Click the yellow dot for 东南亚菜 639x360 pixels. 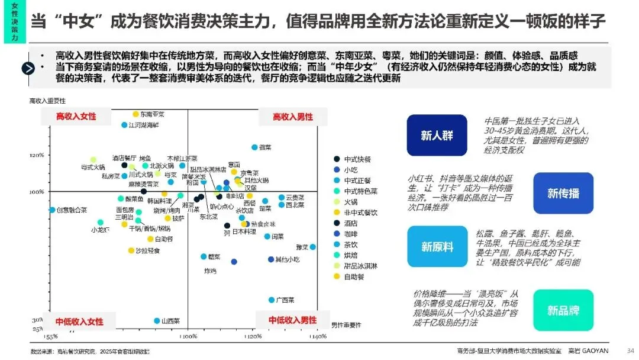(x=135, y=114)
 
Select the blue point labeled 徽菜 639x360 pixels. (x=254, y=147)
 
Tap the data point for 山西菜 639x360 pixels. (x=157, y=320)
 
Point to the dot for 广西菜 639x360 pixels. (x=272, y=300)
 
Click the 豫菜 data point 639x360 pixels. (x=312, y=247)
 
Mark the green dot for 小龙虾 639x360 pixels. (x=101, y=222)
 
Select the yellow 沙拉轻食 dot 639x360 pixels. (x=131, y=250)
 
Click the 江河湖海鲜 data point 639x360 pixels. (x=124, y=125)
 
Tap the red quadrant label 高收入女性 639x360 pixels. (x=76, y=117)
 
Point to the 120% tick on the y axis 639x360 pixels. (x=37, y=155)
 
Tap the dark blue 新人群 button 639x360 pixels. (x=437, y=136)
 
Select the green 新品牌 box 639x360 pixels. (x=563, y=310)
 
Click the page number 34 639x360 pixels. (x=630, y=350)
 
